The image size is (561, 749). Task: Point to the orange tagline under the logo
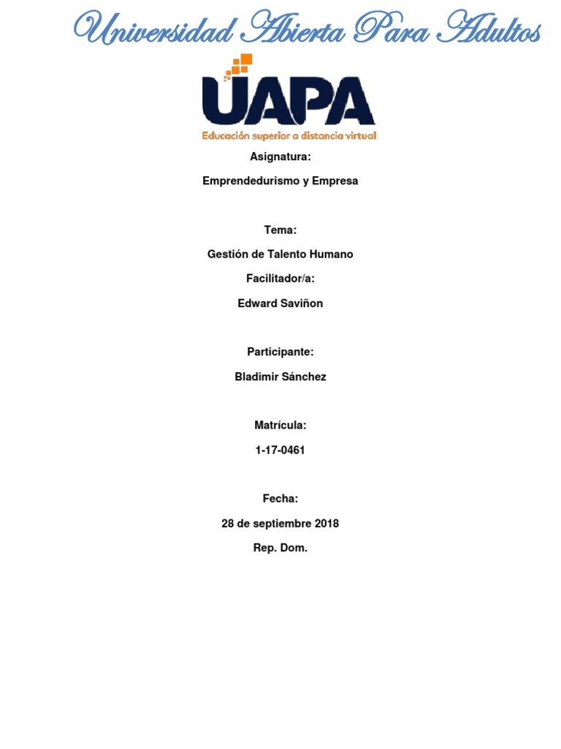coord(289,136)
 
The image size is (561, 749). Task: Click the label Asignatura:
coord(280,157)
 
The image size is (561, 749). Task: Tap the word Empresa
coord(335,181)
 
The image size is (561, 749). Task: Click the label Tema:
coord(280,230)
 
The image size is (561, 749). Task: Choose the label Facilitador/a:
coord(280,279)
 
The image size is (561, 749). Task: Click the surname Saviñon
coord(300,304)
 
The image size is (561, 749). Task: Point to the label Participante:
coord(280,352)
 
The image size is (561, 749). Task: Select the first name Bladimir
coord(256,377)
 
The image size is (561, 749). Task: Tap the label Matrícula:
coord(280,426)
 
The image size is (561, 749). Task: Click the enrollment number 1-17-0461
coord(280,451)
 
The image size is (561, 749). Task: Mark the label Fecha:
coord(280,499)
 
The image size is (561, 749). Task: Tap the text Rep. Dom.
coord(280,548)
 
